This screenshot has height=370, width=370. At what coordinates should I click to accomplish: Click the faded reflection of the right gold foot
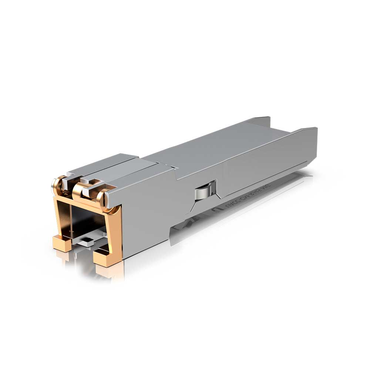tap(107, 272)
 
